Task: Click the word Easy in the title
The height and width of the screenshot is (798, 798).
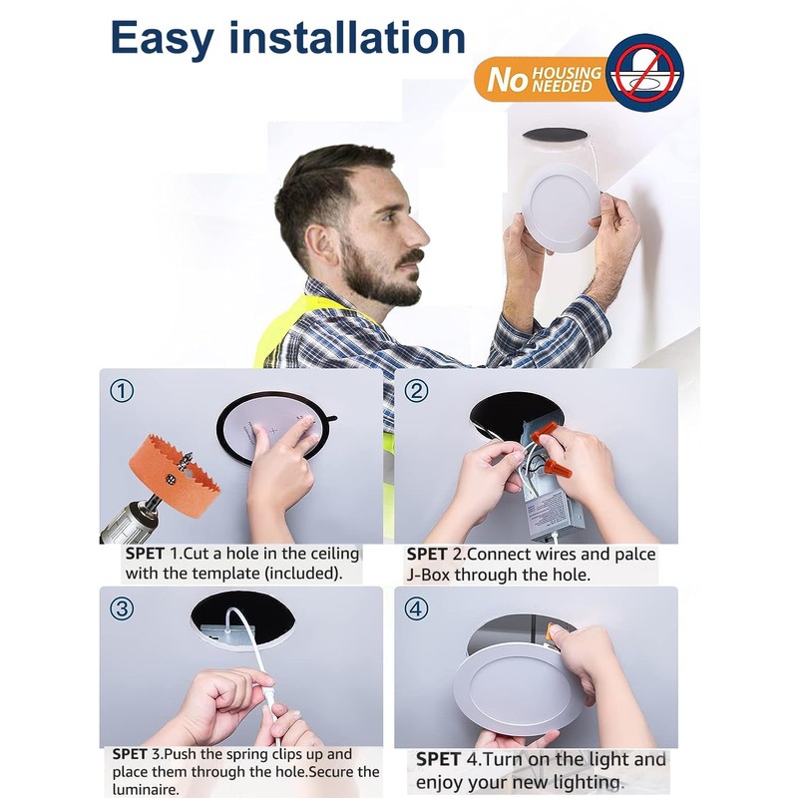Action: [x=162, y=40]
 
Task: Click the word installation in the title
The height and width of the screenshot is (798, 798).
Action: [x=347, y=37]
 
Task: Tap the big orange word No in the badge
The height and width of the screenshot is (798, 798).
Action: [x=506, y=80]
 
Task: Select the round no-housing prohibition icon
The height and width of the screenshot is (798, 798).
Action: [x=644, y=72]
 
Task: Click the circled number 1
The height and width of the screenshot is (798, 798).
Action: [x=122, y=391]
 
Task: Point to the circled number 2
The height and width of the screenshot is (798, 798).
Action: [x=416, y=391]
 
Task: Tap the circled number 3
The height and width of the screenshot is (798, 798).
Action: [x=122, y=608]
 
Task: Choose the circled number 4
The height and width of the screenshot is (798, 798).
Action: [x=416, y=608]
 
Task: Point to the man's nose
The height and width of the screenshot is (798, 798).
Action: [x=420, y=235]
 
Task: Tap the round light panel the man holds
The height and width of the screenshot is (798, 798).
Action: [x=561, y=207]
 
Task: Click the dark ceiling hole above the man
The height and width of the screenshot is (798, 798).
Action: [x=555, y=136]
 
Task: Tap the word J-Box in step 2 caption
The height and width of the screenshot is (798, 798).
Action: [x=429, y=576]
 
